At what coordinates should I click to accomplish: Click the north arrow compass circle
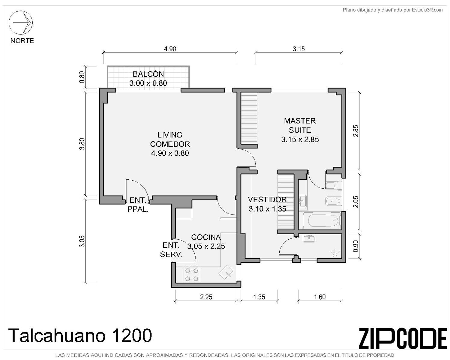(20, 11)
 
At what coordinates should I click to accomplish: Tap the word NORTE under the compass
(22, 40)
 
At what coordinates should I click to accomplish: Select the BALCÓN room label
(148, 74)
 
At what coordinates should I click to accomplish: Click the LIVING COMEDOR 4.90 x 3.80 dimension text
(170, 153)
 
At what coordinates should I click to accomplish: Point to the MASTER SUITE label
(300, 125)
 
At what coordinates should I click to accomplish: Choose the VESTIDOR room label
(267, 199)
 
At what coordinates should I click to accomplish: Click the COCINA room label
(206, 237)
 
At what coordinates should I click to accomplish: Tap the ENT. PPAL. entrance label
(138, 205)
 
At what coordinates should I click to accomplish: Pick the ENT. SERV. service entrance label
(171, 250)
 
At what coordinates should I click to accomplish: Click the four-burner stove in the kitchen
(192, 275)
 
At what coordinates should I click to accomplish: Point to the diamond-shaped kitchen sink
(226, 272)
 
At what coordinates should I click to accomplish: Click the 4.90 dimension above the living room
(170, 49)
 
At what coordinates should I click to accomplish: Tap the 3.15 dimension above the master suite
(298, 49)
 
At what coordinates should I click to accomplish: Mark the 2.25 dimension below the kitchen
(206, 297)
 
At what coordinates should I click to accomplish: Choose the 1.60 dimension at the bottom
(320, 297)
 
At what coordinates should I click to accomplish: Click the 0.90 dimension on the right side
(355, 246)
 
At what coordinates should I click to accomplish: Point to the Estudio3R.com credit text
(427, 10)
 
